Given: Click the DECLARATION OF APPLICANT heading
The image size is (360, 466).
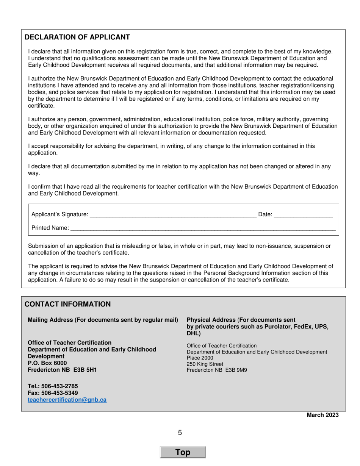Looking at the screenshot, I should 77,37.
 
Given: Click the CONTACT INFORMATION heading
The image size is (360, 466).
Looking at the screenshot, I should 67,304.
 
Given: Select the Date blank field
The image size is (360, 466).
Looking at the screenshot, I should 303,215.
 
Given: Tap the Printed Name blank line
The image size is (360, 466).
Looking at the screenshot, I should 203,228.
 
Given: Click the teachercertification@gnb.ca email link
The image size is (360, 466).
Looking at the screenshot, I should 67,400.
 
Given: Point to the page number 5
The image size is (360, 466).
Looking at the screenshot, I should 180,433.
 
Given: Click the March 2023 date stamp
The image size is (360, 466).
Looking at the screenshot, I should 322,415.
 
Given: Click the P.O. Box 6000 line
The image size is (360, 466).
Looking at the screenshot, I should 47,363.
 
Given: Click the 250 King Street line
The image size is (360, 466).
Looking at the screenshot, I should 205,364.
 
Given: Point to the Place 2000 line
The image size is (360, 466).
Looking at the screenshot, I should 200,358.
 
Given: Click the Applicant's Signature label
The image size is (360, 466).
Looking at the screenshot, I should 59,214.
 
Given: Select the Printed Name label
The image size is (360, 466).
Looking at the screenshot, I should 50,228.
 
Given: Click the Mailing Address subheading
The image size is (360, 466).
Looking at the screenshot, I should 103,320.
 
